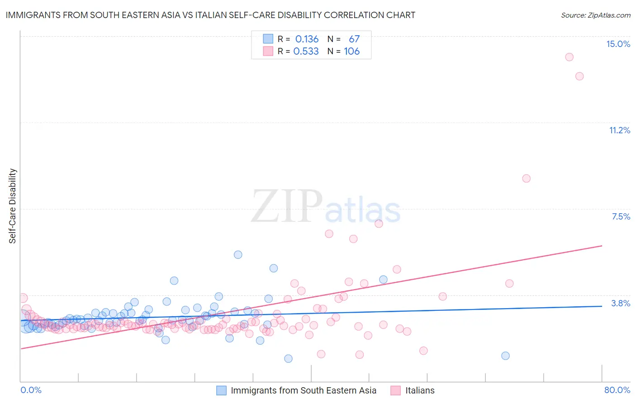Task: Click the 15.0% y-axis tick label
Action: pos(618,44)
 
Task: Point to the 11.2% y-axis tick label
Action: pos(619,130)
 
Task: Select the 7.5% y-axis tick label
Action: pos(621,216)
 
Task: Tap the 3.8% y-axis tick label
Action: pos(621,303)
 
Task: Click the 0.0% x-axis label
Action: pos(31,390)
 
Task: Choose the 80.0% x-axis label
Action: pos(617,390)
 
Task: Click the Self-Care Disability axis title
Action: pos(12,206)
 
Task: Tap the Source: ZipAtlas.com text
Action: pos(595,15)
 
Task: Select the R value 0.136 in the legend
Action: pos(307,39)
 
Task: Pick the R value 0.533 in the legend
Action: pos(306,52)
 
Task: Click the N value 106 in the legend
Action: pos(351,52)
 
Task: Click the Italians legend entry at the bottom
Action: pos(420,390)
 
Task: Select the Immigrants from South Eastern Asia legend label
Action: pos(303,390)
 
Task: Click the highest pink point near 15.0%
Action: pos(569,57)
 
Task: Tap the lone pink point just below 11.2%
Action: pos(526,178)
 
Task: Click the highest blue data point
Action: pos(238,255)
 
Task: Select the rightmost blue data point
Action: pos(505,356)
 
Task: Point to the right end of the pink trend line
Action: pos(602,246)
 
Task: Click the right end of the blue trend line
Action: pos(602,306)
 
